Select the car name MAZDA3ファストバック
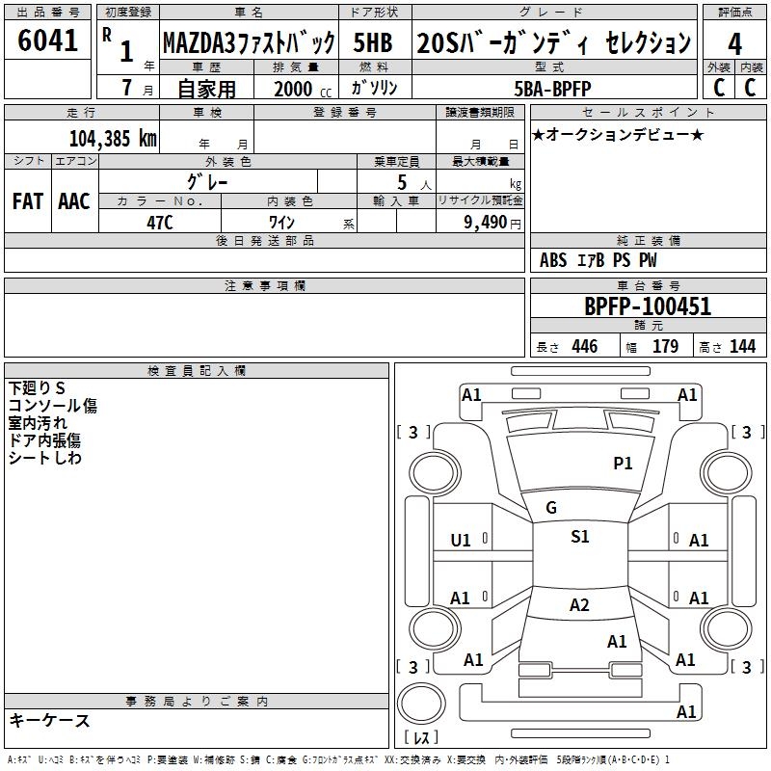pos(249,43)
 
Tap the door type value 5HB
pos(373,43)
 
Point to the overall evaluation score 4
pos(735,43)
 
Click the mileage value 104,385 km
pos(113,138)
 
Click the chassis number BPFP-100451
pos(648,306)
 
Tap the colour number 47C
pos(159,221)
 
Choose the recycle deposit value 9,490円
pos(480,221)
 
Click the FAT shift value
pos(28,201)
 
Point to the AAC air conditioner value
pos(73,201)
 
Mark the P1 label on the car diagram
pos(624,464)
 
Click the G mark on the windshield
pos(550,508)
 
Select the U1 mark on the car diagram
pos(461,541)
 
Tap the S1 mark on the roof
pos(579,537)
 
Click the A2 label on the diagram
pos(579,605)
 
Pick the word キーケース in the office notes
pos(50,720)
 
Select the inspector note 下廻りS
pos(37,387)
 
